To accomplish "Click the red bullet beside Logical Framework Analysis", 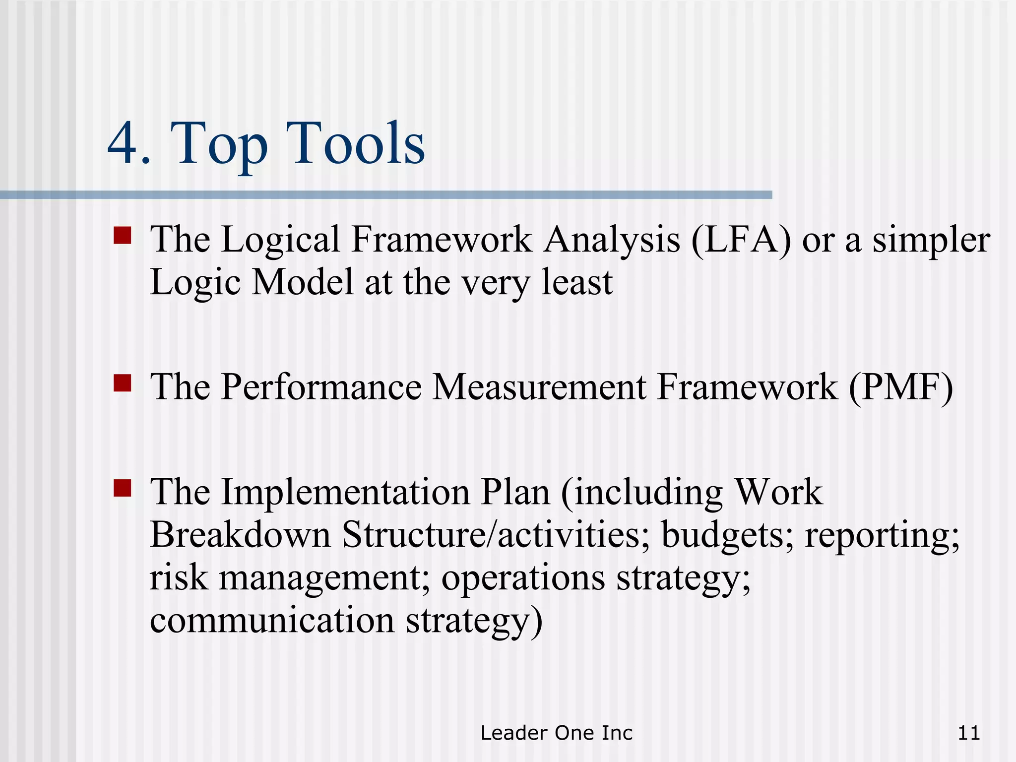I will [x=122, y=236].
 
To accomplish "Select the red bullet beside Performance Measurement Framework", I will [x=122, y=383].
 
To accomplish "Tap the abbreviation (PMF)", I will [x=900, y=387].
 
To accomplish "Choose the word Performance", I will [x=321, y=387].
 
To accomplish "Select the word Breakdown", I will [x=240, y=535].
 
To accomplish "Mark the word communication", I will [x=272, y=621].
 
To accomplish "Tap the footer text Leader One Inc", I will [x=557, y=733].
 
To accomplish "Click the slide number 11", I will [x=968, y=733].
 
